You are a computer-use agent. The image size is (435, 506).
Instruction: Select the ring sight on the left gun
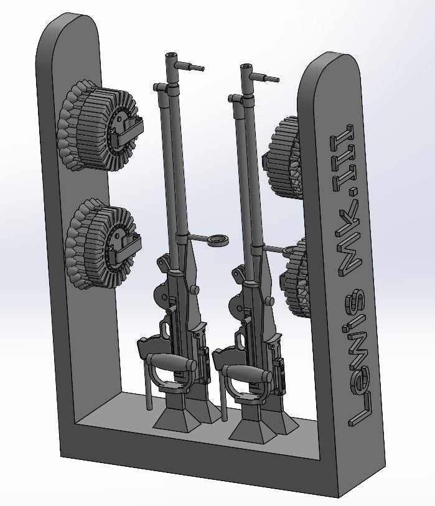point(218,240)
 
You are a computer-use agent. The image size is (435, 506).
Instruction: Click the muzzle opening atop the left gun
point(171,57)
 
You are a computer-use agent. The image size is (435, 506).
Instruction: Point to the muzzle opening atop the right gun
point(247,65)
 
